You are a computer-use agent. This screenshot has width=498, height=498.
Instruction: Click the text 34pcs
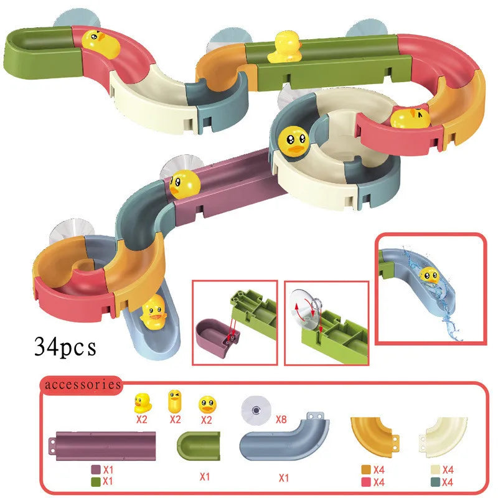point(65,347)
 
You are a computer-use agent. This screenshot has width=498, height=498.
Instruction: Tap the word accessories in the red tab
point(83,385)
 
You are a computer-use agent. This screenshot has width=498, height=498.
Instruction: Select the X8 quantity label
point(281,419)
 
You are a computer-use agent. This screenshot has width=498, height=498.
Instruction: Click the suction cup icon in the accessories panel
point(256,411)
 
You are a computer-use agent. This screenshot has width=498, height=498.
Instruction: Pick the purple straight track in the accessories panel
point(102,446)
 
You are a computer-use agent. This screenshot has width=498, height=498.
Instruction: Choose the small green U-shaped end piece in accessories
point(199,446)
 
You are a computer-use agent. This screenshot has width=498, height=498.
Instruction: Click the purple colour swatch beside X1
point(96,469)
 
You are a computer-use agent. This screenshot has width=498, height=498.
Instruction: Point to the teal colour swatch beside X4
point(435,482)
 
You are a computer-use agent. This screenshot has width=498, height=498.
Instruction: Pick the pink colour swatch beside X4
point(366,482)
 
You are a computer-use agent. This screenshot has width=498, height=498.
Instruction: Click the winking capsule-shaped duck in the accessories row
point(175,401)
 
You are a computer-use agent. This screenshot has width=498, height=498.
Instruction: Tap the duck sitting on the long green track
point(285,47)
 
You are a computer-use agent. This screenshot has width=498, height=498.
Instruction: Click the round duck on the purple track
point(185,184)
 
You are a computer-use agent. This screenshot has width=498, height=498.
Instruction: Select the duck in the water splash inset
point(430,276)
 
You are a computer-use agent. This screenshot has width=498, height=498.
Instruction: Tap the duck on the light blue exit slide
point(153,312)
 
